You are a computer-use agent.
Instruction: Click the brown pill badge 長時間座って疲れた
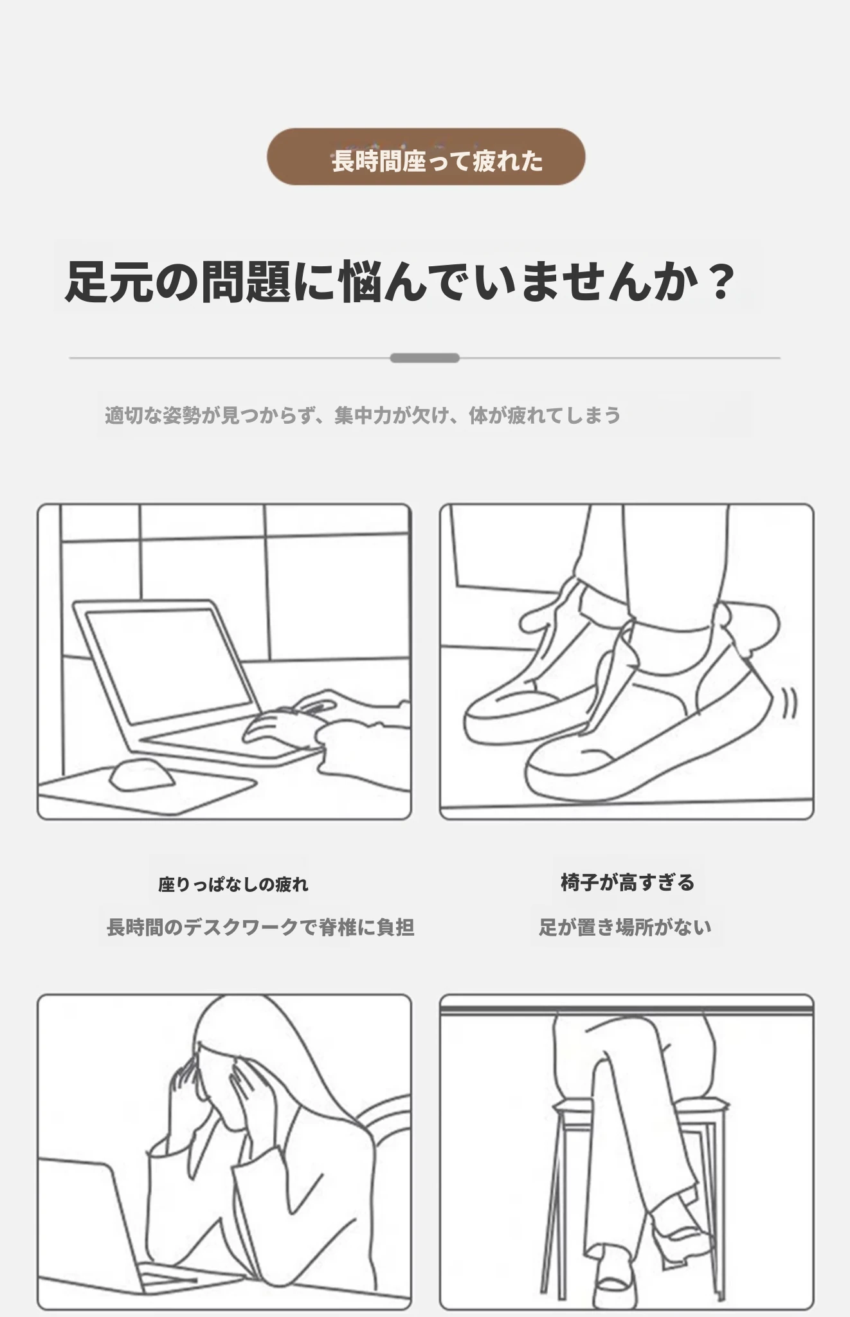(426, 157)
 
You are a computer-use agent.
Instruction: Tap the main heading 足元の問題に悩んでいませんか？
(400, 281)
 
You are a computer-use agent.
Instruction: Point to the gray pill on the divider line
(424, 358)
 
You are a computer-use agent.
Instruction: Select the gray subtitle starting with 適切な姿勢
(363, 415)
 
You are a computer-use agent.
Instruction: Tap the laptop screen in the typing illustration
(168, 666)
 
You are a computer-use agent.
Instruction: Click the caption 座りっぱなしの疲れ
(233, 884)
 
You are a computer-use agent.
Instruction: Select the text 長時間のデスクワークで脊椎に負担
(260, 927)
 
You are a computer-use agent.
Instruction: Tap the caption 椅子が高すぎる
(628, 882)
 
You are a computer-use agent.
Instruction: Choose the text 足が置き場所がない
(625, 927)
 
